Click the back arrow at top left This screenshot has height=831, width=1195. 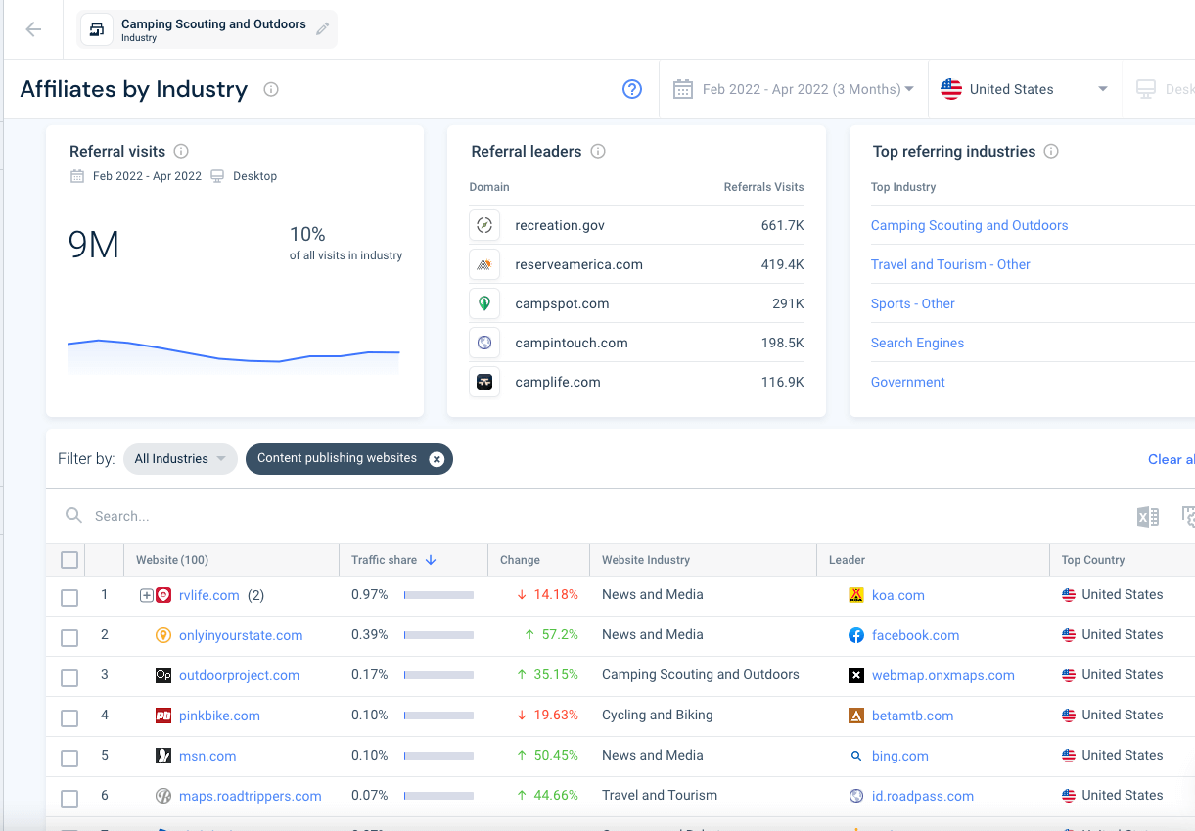[x=33, y=29]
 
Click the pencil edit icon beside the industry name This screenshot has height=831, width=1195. [x=322, y=29]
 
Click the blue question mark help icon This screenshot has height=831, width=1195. [x=632, y=89]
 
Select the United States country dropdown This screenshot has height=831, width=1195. [x=1023, y=89]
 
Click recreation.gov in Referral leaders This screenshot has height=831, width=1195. [x=560, y=225]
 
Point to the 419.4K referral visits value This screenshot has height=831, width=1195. [x=782, y=264]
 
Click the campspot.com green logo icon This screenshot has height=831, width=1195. [x=483, y=303]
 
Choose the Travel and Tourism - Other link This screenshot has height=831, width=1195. [x=950, y=264]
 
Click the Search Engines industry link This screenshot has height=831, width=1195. [x=917, y=343]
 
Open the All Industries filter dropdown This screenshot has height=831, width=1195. [x=180, y=459]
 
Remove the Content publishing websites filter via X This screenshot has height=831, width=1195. [x=437, y=459]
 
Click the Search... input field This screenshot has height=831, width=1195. [x=294, y=516]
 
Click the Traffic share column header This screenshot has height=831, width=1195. [x=385, y=560]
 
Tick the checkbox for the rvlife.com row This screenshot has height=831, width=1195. [x=69, y=597]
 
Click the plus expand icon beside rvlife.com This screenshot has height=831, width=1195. [x=147, y=595]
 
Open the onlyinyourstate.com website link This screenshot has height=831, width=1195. [x=241, y=635]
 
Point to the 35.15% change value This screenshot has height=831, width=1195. [x=555, y=675]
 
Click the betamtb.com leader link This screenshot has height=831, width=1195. [x=912, y=716]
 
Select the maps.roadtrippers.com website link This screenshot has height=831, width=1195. [x=250, y=796]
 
